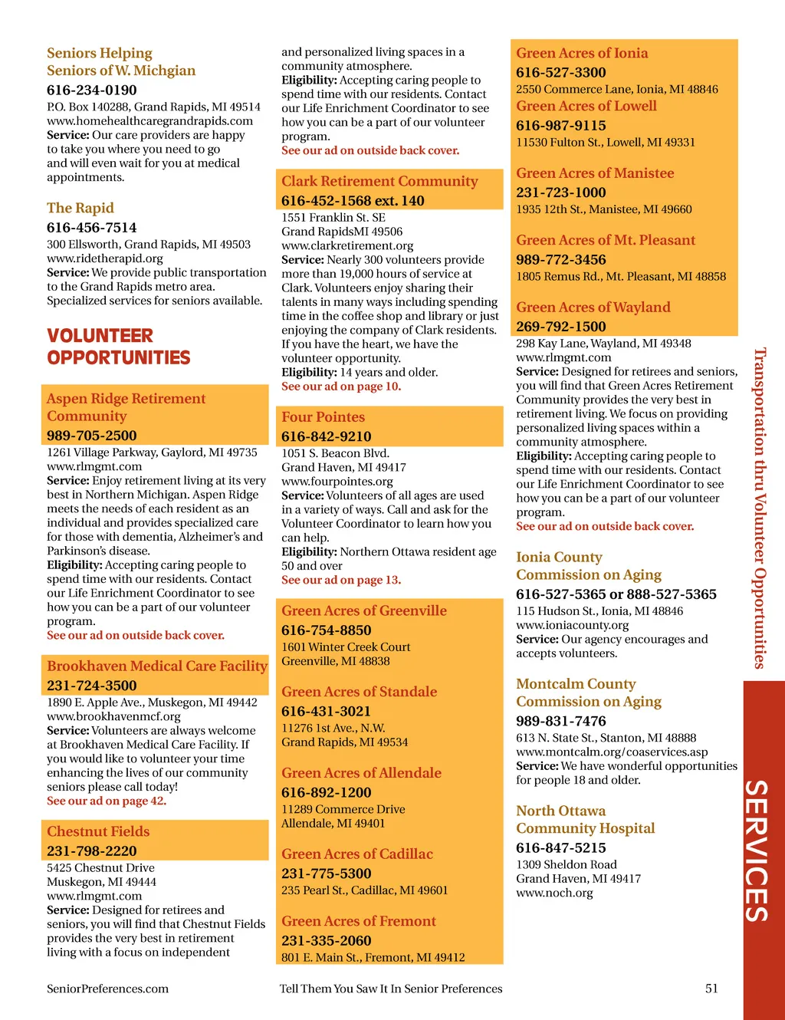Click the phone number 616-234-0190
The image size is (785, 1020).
pyautogui.click(x=92, y=90)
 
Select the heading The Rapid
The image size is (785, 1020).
pyautogui.click(x=80, y=208)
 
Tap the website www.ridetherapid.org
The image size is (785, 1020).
pyautogui.click(x=105, y=258)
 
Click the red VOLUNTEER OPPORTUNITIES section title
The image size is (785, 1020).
pyautogui.click(x=118, y=347)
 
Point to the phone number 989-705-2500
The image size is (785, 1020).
pyautogui.click(x=92, y=435)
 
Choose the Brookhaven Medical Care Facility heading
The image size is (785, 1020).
pyautogui.click(x=157, y=666)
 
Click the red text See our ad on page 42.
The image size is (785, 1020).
pyautogui.click(x=107, y=801)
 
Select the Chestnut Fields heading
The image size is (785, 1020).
pyautogui.click(x=98, y=831)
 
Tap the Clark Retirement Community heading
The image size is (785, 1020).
pyautogui.click(x=379, y=181)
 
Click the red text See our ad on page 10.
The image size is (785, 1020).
pyautogui.click(x=341, y=387)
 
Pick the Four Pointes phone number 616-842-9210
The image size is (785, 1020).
pyautogui.click(x=327, y=436)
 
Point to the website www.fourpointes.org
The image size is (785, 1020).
pyautogui.click(x=337, y=482)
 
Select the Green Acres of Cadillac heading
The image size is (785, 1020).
pyautogui.click(x=357, y=854)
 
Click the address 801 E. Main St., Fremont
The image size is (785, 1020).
pyautogui.click(x=373, y=957)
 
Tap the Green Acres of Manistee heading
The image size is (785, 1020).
pyautogui.click(x=595, y=173)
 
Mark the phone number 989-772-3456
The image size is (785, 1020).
pyautogui.click(x=561, y=259)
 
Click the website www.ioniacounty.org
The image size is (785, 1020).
pyautogui.click(x=573, y=625)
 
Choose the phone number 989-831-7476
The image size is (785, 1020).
pyautogui.click(x=561, y=721)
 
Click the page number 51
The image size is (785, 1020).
pyautogui.click(x=711, y=989)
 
